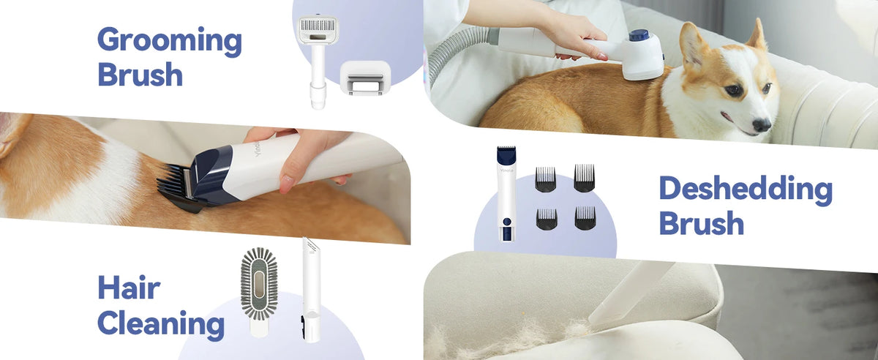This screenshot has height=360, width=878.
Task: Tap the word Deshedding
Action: pyautogui.click(x=746, y=190)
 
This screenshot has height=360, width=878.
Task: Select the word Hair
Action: pyautogui.click(x=129, y=288)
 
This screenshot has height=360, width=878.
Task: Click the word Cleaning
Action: pyautogui.click(x=161, y=323)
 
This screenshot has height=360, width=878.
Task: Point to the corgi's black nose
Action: pyautogui.click(x=762, y=124)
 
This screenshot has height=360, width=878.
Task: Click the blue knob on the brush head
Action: pyautogui.click(x=639, y=36)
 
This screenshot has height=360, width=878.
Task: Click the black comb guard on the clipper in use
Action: pyautogui.click(x=179, y=188)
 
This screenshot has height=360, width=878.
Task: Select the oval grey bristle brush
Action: pyautogui.click(x=259, y=291)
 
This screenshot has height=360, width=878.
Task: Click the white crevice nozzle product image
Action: pyautogui.click(x=311, y=290)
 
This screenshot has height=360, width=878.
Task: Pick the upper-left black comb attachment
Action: pyautogui.click(x=545, y=179)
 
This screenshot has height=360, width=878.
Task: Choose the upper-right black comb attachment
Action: pyautogui.click(x=584, y=178)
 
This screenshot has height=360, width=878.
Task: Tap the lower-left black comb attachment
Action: pyautogui.click(x=547, y=219)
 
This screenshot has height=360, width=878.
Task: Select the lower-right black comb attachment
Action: pyautogui.click(x=585, y=218)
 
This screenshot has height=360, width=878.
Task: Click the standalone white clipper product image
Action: pyautogui.click(x=507, y=194)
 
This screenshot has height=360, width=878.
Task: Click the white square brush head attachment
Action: pyautogui.click(x=365, y=78)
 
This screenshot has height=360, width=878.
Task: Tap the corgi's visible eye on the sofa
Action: pyautogui.click(x=733, y=91)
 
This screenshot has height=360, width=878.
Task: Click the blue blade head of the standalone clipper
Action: pyautogui.click(x=506, y=155)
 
